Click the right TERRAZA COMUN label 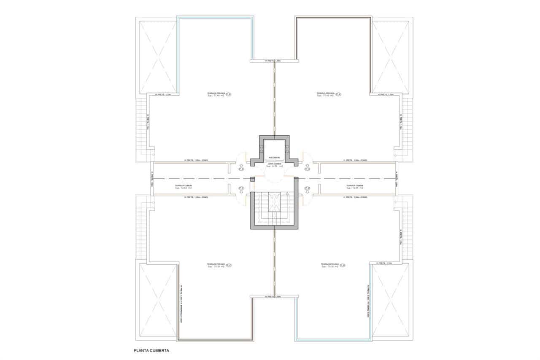point(355,185)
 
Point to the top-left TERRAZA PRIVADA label point(216,93)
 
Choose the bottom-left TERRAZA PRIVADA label point(216,264)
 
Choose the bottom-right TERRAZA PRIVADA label point(329,264)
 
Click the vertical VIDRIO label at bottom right point(368,302)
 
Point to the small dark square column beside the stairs point(253,180)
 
